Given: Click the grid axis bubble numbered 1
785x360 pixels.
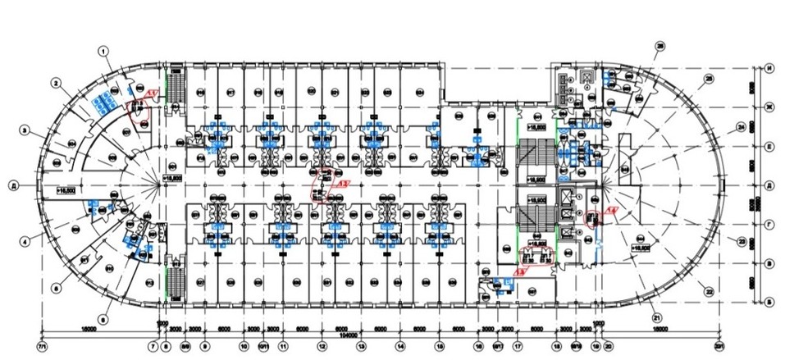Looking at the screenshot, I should pos(104,50).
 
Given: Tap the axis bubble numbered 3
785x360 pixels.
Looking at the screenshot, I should pos(25,130).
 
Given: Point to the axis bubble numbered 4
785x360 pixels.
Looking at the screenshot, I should pos(25,240).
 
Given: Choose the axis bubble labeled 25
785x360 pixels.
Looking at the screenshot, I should pos(710,79).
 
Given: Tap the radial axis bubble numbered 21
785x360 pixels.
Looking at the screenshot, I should pos(656,318).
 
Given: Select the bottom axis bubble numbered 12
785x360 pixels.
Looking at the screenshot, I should pos(322,345).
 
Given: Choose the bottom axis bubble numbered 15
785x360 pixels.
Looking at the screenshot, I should pos(440,345).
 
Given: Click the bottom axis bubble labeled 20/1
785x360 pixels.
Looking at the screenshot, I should pos(720,345).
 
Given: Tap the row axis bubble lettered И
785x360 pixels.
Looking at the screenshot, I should pos(770,68).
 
